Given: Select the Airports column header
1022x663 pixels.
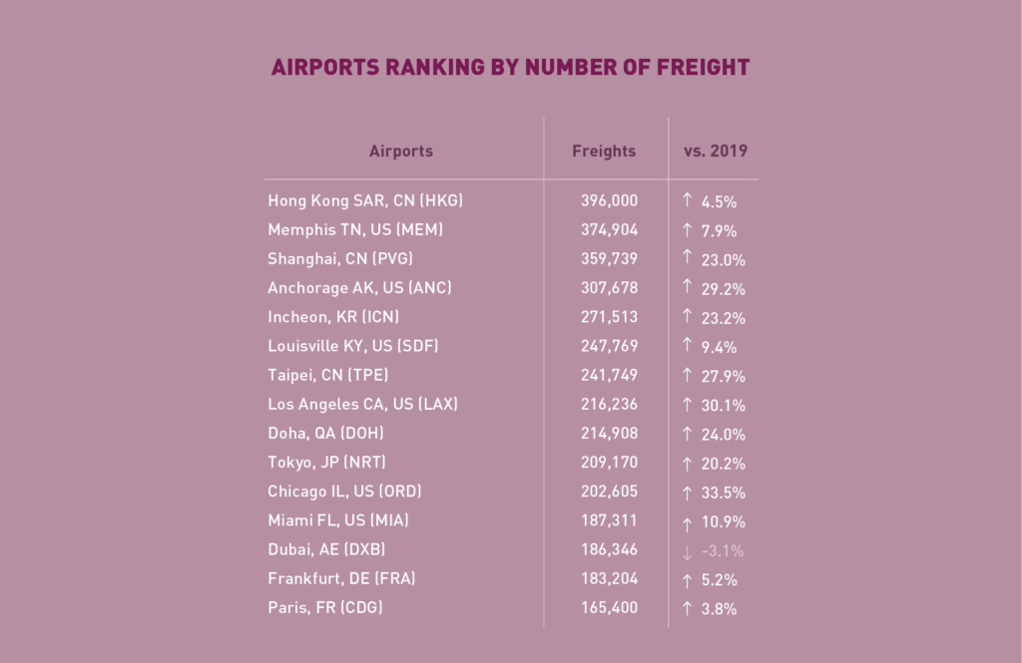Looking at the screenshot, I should tap(401, 152).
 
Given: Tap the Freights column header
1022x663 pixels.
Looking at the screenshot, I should tap(604, 152).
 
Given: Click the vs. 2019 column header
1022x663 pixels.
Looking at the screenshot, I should tap(716, 152).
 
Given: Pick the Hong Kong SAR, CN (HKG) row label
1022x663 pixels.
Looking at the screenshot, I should tap(365, 200).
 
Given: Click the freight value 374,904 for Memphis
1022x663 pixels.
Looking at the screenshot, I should tap(609, 229).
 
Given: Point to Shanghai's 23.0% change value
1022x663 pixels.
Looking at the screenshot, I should tap(723, 259).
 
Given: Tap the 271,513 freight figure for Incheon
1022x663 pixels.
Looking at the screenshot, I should tap(609, 317).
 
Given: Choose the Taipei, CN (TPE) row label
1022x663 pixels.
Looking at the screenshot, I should tap(328, 376).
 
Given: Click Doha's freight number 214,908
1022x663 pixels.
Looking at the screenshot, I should tap(609, 434).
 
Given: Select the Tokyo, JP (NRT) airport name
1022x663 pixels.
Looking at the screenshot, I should tap(326, 463).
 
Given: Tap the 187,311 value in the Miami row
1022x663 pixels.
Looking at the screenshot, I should tap(609, 520).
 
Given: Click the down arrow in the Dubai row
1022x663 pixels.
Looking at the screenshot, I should tap(687, 550).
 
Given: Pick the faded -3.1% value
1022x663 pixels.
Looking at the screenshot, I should tap(723, 550).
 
